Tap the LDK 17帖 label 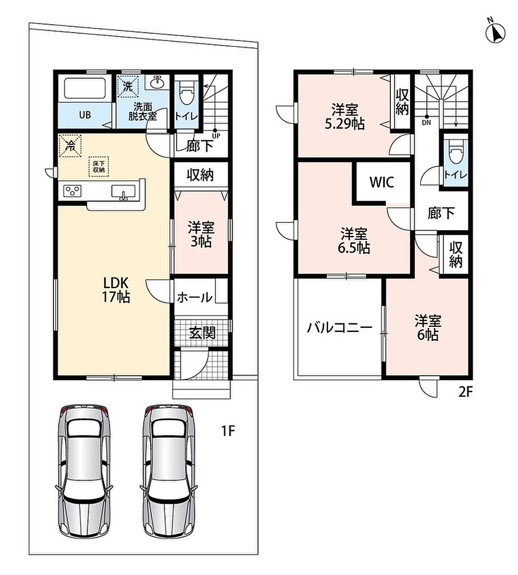coord(116,290)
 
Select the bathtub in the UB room coord(85,88)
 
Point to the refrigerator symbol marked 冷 coord(70,146)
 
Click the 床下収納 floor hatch coord(98,166)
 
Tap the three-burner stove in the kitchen coord(73,191)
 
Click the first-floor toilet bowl coord(186,94)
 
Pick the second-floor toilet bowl coord(456,152)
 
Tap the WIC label coord(382,182)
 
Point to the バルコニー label coord(340,327)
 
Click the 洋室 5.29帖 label coord(345,117)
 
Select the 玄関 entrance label coord(202,332)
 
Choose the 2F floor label coord(465,393)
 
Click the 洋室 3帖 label coord(201,235)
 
